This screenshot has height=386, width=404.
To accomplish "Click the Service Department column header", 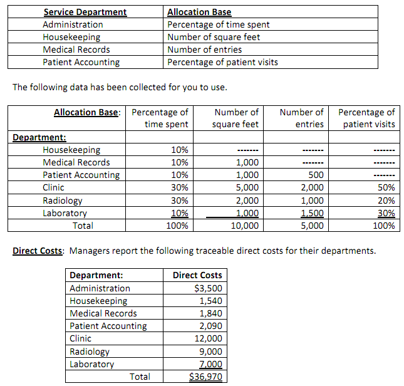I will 85,12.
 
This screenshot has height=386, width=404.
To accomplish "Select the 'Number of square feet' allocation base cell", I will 214,37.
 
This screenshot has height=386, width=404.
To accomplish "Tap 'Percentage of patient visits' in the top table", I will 223,62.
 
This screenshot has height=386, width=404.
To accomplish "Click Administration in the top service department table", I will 73,24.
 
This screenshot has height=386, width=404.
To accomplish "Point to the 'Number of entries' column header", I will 301,118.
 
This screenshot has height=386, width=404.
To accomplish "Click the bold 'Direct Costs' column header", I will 197,275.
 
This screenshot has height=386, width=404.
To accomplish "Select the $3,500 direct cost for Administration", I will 208,288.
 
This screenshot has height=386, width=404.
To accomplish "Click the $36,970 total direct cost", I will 205,377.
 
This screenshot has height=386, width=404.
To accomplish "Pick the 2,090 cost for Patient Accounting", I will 210,326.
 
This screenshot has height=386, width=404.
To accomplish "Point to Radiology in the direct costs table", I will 89,352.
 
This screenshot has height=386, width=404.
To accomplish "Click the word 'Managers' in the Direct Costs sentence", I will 88,251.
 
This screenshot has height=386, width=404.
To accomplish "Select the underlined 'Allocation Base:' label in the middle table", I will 86,112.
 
